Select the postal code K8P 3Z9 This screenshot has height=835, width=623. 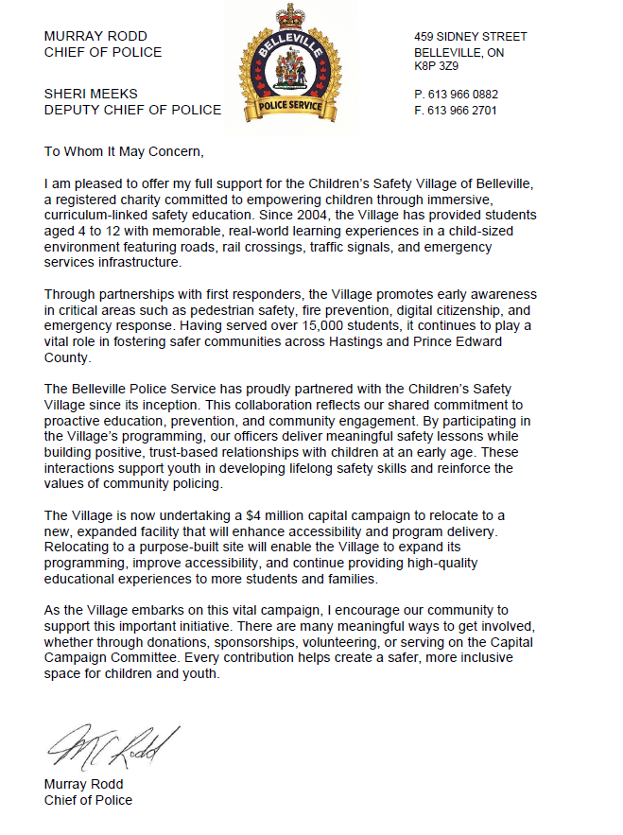pos(436,68)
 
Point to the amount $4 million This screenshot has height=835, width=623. pos(286,515)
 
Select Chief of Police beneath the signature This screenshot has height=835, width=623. pos(88,800)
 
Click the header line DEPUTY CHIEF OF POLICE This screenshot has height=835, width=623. pos(132,111)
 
